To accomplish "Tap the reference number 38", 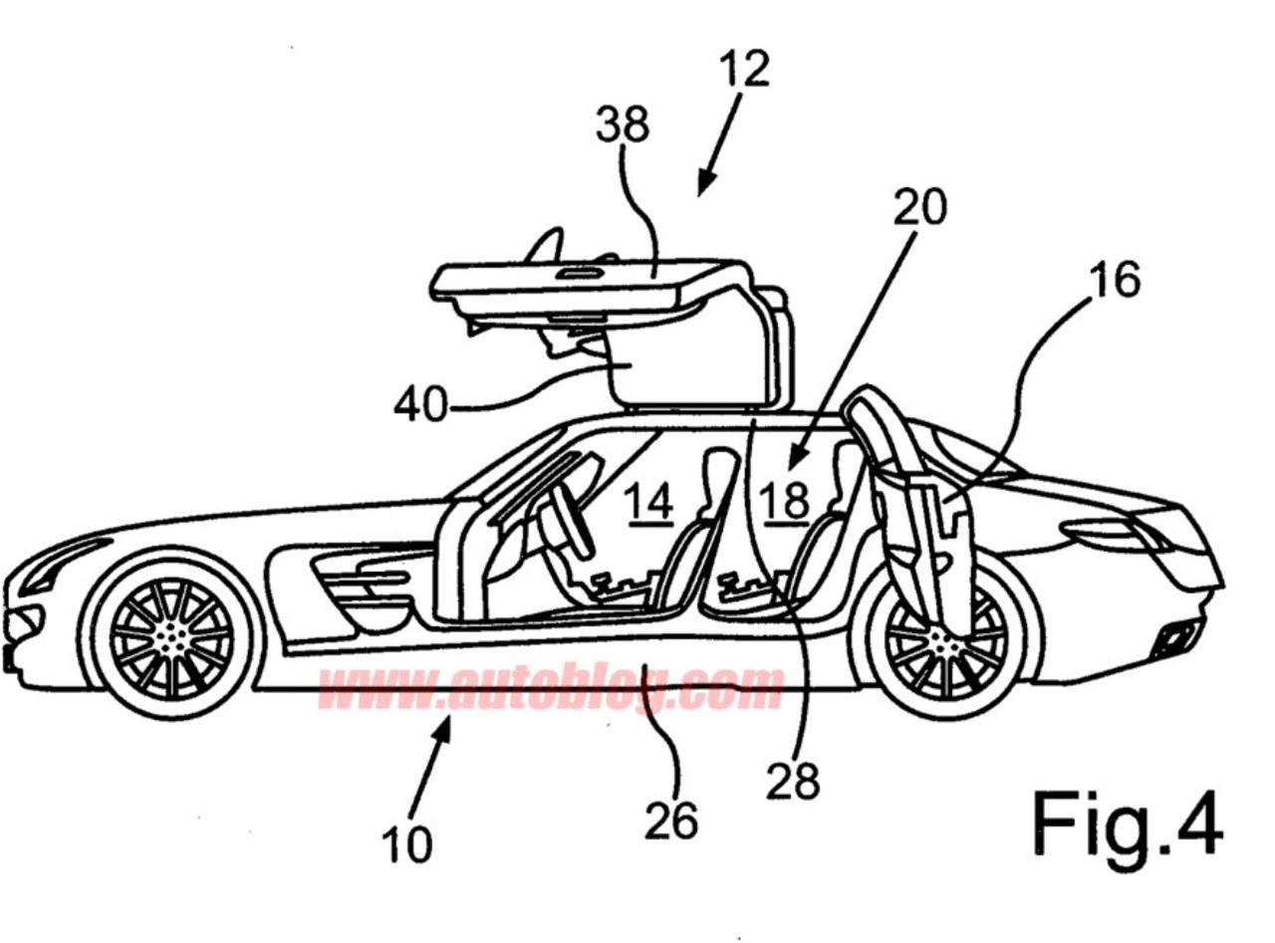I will [x=623, y=125].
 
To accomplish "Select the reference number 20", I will [x=919, y=207].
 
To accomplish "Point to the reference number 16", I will [x=1115, y=280].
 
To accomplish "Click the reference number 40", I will [x=420, y=405].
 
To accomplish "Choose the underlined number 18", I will [x=784, y=500].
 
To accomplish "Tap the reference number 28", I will [x=792, y=782].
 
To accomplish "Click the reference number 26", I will [x=670, y=821].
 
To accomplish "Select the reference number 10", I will [x=407, y=844].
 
